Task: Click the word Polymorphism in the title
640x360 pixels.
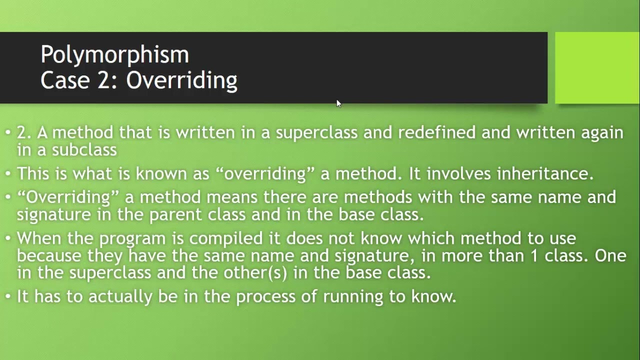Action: pos(114,55)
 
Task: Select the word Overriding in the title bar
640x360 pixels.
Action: pos(181,80)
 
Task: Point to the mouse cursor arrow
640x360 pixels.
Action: pos(338,103)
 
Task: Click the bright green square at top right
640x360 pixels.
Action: pos(597,67)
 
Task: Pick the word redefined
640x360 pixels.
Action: pos(436,132)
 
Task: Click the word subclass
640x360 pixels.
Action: pos(84,149)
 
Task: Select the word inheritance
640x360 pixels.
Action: pos(544,173)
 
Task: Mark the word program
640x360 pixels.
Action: pos(132,238)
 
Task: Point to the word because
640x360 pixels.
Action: pos(49,255)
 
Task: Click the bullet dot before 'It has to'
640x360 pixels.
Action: pos(8,296)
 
